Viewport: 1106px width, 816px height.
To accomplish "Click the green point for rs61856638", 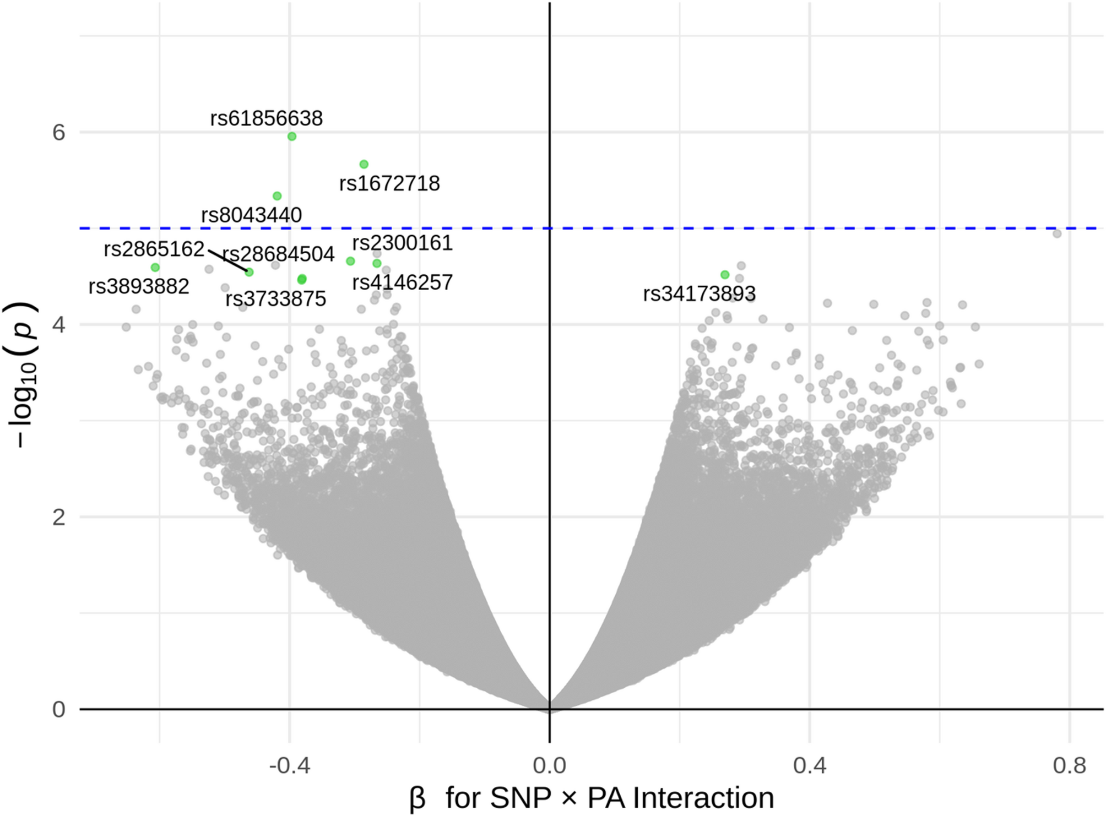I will point(292,137).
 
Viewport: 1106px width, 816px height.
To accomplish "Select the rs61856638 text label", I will point(266,118).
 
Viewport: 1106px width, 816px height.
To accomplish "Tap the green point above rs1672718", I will point(364,164).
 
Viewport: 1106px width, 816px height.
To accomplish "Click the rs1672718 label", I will point(389,183).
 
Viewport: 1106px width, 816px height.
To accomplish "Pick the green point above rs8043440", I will point(278,196).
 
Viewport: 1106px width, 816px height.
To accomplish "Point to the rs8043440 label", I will point(251,215).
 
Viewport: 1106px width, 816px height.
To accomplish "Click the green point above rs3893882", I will point(155,268).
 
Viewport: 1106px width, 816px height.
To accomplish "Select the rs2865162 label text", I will point(154,249).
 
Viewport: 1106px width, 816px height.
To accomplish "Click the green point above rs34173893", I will point(725,275).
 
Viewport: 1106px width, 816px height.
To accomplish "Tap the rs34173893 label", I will point(699,294).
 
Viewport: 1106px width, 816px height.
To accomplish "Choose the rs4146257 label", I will point(402,282).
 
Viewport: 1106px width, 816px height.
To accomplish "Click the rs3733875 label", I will point(276,299).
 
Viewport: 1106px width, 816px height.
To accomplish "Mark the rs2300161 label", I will point(402,243).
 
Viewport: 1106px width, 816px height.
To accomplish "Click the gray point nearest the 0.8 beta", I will point(1057,234).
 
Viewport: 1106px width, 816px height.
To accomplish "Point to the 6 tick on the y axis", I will point(58,133).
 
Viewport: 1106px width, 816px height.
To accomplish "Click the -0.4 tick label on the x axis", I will point(290,766).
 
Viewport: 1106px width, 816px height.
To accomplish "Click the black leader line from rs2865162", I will point(228,260).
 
